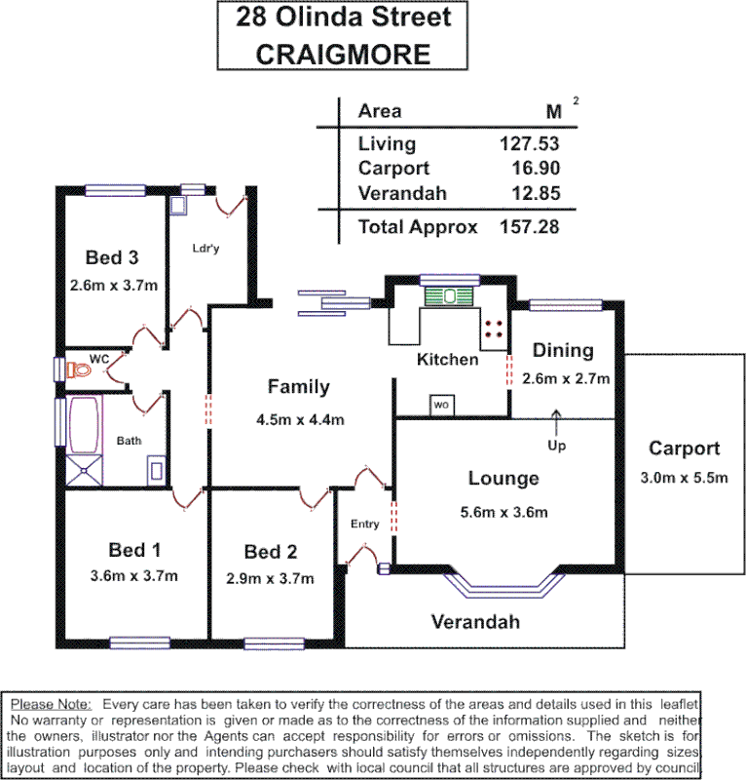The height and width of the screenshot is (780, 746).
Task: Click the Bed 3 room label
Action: coord(112,257)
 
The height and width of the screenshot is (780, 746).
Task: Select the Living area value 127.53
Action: coord(530,143)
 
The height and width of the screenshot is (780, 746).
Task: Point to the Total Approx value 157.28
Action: coord(530,227)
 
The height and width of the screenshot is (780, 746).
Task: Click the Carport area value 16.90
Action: coord(536,168)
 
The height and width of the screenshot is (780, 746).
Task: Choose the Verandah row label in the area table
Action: coord(402,193)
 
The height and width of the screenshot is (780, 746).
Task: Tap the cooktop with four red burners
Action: coord(494,328)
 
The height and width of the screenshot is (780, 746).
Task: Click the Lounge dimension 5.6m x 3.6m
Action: coord(503,512)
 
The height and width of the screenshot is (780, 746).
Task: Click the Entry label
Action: coord(364,525)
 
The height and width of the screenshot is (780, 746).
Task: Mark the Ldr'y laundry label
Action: coord(205,248)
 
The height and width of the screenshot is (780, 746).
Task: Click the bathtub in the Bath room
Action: coord(84,425)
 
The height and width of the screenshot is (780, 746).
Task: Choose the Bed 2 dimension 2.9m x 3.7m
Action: coord(270,578)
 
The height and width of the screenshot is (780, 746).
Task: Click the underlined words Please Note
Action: coord(51,703)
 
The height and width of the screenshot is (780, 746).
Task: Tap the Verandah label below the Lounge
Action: coord(475,621)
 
